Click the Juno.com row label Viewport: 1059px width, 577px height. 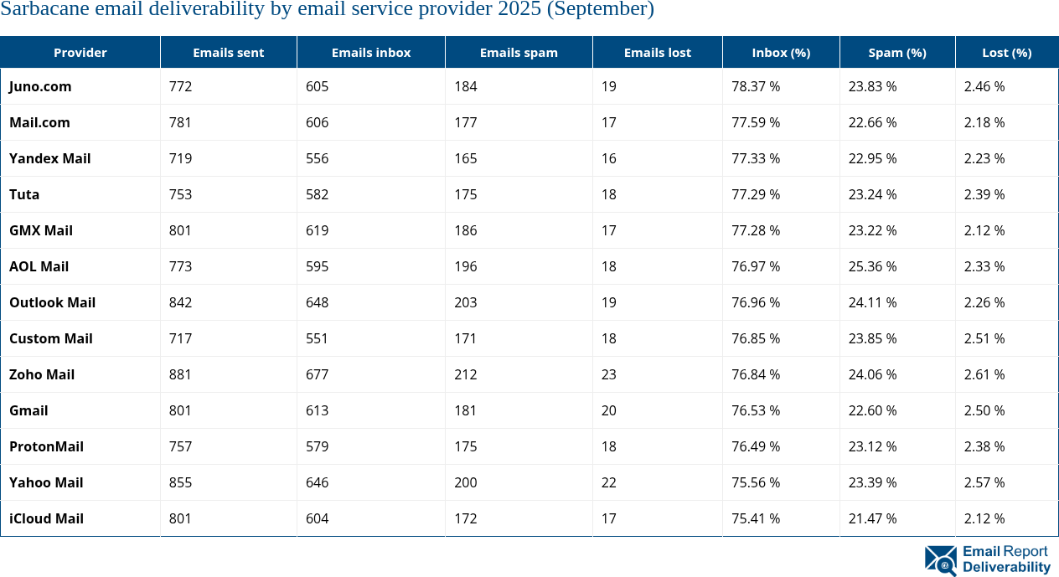coord(40,86)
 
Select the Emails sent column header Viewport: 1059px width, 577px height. coord(228,52)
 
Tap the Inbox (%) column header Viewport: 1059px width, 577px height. coord(781,52)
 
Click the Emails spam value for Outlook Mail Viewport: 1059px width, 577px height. coord(466,302)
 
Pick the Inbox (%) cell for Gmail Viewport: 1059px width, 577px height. coord(756,410)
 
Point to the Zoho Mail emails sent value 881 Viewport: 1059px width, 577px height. coord(180,374)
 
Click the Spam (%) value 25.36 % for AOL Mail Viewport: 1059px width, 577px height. coord(872,266)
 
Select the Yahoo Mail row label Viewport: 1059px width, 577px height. coord(46,482)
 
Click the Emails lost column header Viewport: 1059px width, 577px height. coord(657,52)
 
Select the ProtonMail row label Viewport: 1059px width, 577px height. coord(46,446)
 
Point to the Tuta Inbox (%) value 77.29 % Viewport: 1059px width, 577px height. coord(756,194)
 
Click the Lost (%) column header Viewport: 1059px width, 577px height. coord(1006,52)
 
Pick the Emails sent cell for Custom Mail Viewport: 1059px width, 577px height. coord(180,338)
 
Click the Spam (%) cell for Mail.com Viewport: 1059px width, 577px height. coord(872,122)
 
